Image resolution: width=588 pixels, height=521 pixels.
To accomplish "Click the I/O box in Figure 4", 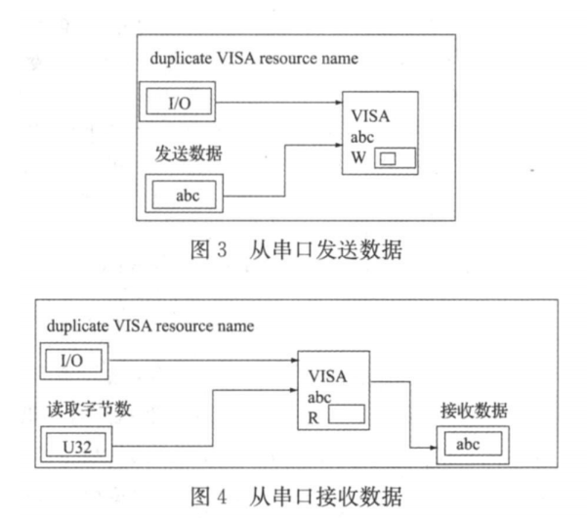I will point(73,362).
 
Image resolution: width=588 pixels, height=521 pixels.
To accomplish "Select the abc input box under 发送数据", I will point(186,194).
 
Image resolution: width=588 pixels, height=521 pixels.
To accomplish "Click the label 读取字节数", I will point(78,410).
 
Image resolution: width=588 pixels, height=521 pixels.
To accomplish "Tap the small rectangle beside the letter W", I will point(390,157).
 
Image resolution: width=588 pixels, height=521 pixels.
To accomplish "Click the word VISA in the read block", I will point(326,375).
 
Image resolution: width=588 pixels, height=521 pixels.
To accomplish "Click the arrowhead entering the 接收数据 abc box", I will point(431,447).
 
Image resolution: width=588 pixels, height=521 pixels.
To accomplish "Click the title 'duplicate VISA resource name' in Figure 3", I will point(254,59).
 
